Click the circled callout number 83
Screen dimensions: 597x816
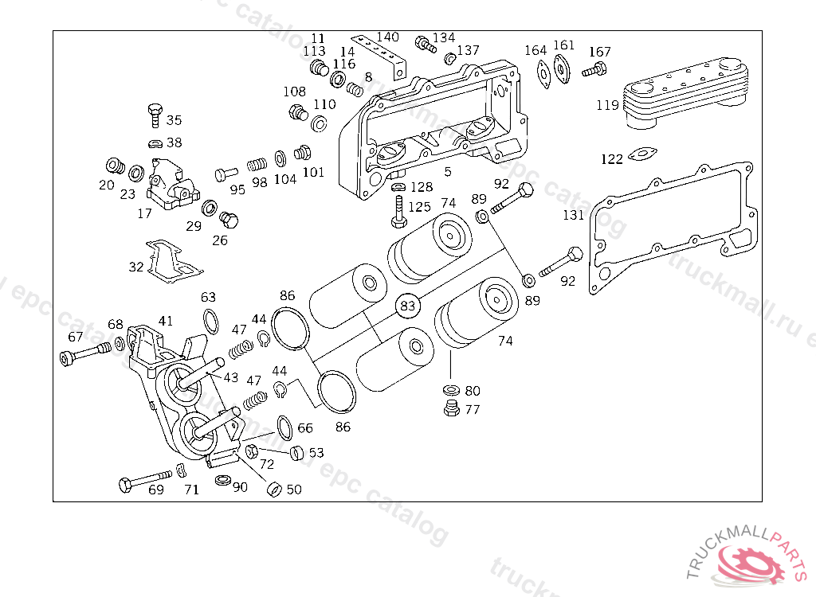pos(408,305)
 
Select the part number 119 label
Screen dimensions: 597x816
pos(607,105)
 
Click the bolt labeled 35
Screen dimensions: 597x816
pos(154,115)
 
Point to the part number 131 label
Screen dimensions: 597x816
pos(573,215)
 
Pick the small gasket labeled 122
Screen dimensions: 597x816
pos(641,154)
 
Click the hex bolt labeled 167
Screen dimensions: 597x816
pos(593,69)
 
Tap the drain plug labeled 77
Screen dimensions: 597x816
pos(450,409)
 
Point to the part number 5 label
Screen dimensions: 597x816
pos(448,172)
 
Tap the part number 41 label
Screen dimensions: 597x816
pos(165,321)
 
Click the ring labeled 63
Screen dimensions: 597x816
pos(210,322)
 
